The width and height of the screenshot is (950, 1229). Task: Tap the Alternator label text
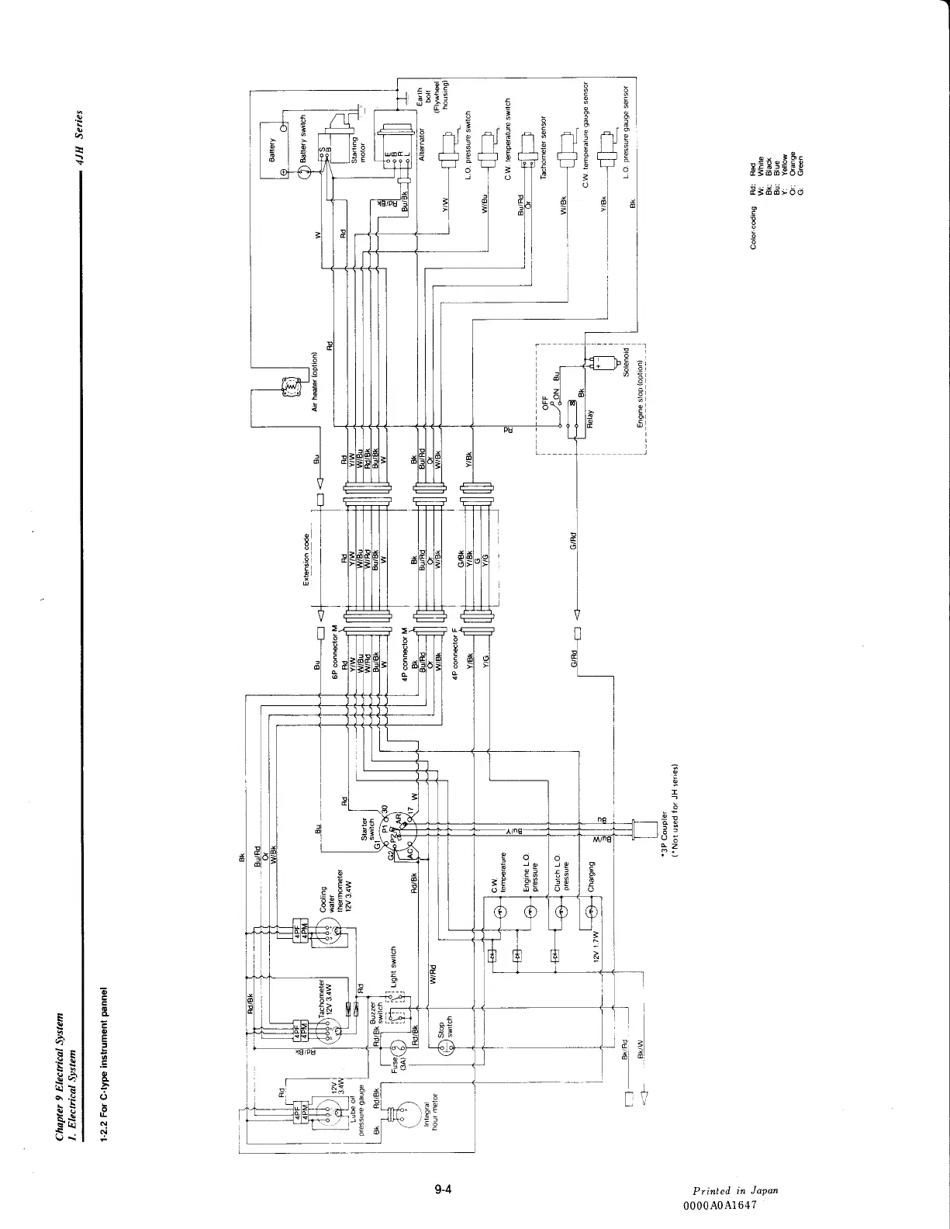pos(423,144)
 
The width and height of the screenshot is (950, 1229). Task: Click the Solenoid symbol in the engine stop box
pos(606,362)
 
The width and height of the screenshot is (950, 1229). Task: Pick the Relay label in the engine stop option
pos(590,420)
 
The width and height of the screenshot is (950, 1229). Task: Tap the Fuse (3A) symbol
pos(398,1051)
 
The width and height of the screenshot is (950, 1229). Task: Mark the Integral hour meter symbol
pos(402,1114)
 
